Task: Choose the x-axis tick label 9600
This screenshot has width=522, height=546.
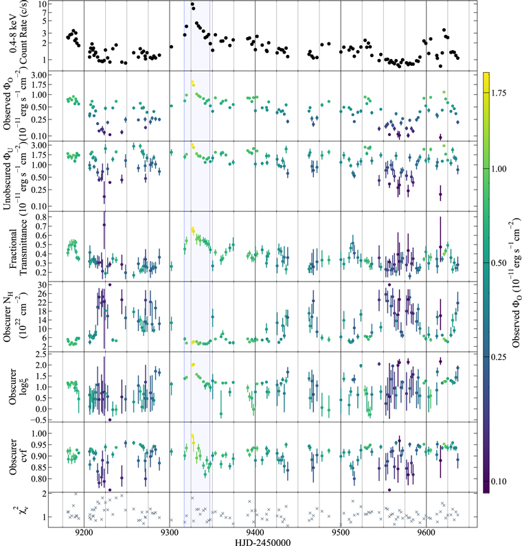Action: coord(426,532)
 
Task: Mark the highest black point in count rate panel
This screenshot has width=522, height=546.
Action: coord(192,5)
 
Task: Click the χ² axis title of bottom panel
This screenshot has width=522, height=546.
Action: coord(21,510)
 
